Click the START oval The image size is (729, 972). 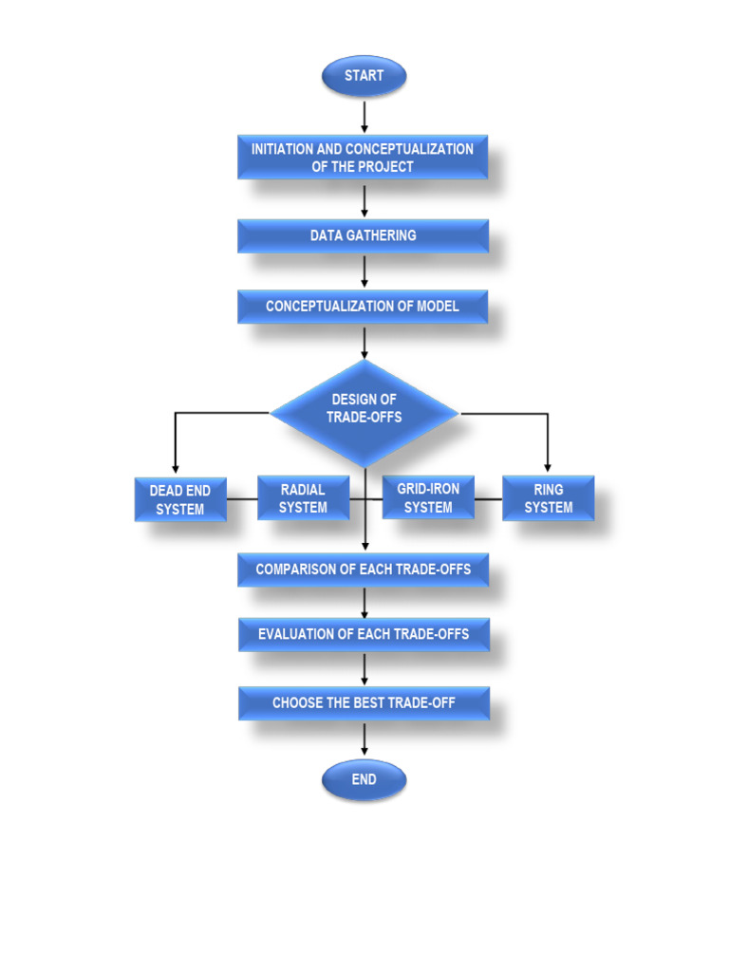[364, 76]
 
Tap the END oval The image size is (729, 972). [364, 779]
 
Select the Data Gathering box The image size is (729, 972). [363, 235]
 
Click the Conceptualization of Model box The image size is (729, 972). [363, 307]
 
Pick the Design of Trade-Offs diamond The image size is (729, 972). [364, 409]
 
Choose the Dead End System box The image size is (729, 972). [180, 499]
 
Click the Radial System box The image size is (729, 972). [303, 498]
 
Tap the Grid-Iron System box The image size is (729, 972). [428, 498]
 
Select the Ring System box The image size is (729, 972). [549, 498]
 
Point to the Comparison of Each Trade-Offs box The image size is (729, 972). [363, 570]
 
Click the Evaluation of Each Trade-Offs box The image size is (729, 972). [364, 634]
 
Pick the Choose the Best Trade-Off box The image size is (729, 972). [364, 703]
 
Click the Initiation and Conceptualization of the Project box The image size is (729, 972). [363, 158]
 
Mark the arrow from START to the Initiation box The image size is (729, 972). [364, 115]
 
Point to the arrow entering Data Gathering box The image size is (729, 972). [364, 201]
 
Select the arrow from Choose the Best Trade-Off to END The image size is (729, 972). [364, 739]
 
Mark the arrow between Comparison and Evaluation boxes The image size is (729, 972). [364, 602]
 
